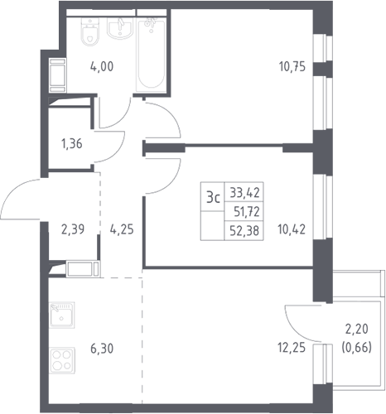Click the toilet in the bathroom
(90, 31)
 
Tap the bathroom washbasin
(120, 28)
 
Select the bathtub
(152, 53)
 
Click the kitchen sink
(62, 315)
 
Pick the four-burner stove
(62, 360)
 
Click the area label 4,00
(102, 67)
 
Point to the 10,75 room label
(292, 67)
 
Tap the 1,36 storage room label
(72, 144)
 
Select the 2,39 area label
(73, 229)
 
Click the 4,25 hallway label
(122, 229)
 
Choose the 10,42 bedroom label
(292, 229)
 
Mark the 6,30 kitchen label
(102, 349)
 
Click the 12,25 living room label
(292, 348)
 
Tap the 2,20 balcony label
(357, 329)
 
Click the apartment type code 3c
(213, 197)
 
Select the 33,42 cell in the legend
(245, 192)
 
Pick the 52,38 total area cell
(244, 230)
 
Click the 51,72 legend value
(247, 212)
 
